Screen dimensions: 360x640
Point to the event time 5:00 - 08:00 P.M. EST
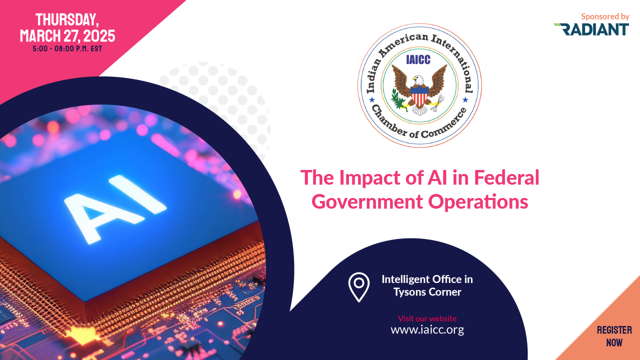click(x=67, y=49)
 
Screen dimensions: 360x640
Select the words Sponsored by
click(x=604, y=16)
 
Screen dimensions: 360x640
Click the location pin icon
click(x=358, y=287)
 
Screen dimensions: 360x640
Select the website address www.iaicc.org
click(x=427, y=330)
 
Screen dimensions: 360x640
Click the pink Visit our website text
click(x=427, y=318)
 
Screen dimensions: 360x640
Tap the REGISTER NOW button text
click(x=614, y=336)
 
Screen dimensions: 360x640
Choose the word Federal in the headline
click(x=506, y=177)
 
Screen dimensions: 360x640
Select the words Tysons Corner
click(x=427, y=292)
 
